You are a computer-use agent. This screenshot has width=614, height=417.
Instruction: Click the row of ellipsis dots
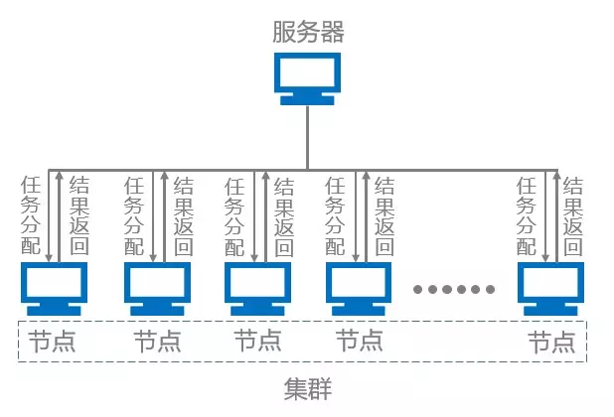454,290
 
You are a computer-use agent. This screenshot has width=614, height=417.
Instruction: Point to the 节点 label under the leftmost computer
52,343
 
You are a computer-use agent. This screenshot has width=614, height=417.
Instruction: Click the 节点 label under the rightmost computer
551,343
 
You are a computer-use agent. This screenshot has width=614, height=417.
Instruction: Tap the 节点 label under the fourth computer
359,343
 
